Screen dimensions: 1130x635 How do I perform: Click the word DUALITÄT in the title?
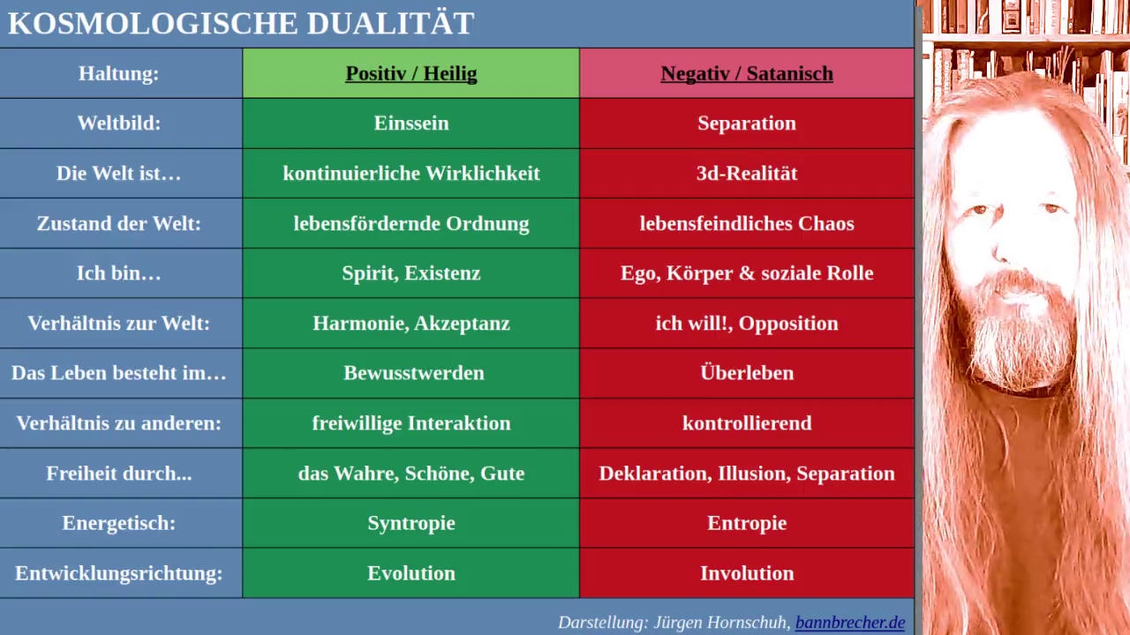point(390,22)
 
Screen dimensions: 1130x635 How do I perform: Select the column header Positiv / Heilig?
point(411,73)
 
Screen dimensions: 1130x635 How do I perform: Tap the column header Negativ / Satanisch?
point(747,73)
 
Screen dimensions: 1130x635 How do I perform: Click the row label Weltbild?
point(119,123)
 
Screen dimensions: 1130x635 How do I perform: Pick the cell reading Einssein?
point(411,123)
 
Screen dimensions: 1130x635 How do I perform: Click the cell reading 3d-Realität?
point(747,173)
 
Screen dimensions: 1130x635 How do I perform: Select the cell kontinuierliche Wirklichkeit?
point(411,173)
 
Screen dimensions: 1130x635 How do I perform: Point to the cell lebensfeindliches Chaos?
point(747,223)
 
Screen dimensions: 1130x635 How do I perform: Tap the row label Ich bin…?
point(119,273)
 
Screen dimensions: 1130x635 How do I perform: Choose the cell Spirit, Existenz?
point(411,273)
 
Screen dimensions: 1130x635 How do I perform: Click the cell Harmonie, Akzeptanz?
point(411,323)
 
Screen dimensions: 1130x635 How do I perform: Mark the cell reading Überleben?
point(747,372)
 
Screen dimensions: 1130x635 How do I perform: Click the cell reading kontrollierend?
point(747,422)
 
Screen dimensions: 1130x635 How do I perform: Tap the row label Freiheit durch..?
point(119,474)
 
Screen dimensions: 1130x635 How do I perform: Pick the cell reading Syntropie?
point(411,524)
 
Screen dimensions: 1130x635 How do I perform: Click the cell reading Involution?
point(747,573)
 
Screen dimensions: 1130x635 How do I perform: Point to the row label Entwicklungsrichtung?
point(119,573)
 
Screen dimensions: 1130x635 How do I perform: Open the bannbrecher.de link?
point(850,623)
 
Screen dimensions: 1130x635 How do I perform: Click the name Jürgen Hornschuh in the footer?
point(721,623)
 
